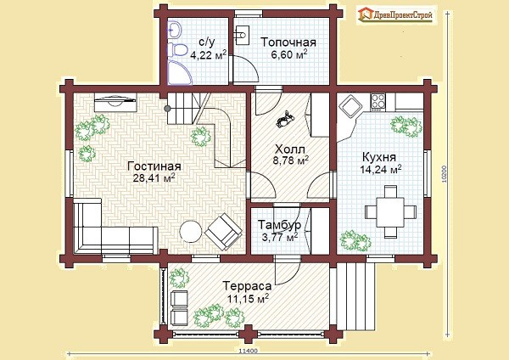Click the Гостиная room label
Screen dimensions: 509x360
(x=154, y=166)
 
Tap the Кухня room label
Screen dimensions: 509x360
(x=379, y=157)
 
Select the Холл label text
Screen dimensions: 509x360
(x=290, y=149)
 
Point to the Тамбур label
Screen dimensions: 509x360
(x=279, y=225)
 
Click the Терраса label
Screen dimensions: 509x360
(x=247, y=286)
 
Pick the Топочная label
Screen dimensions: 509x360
(x=288, y=42)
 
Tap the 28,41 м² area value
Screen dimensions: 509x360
(x=154, y=177)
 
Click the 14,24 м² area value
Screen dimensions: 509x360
(x=381, y=169)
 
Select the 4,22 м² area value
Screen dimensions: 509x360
(x=208, y=54)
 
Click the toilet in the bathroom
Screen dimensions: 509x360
(x=177, y=50)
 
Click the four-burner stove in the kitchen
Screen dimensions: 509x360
(x=378, y=101)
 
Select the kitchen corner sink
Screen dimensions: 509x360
(x=350, y=106)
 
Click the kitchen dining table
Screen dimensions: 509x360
(x=390, y=212)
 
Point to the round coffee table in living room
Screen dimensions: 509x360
(x=191, y=231)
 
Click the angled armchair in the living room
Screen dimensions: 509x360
(x=223, y=231)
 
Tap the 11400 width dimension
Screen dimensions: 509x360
(x=248, y=352)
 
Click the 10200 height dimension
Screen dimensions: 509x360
(x=445, y=174)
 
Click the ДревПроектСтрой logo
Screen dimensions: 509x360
(x=396, y=15)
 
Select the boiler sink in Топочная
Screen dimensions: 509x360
(x=241, y=35)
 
